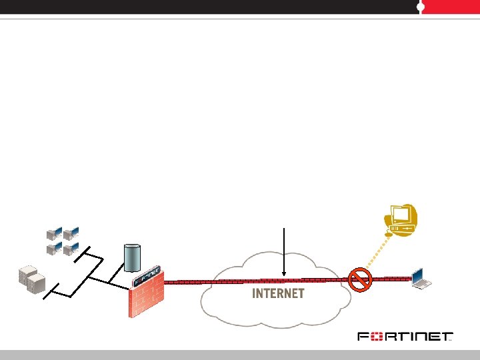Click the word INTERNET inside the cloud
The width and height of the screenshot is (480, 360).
(x=278, y=293)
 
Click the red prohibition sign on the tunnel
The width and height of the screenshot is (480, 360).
(x=360, y=280)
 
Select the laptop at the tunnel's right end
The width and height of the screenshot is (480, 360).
(x=422, y=279)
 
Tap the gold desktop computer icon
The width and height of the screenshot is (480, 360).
(x=402, y=219)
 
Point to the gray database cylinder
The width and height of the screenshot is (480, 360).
(x=133, y=257)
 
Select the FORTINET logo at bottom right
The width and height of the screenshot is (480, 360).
(x=405, y=337)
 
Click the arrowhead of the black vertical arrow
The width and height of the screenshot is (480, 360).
(x=285, y=273)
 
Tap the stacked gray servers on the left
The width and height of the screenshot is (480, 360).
(x=31, y=280)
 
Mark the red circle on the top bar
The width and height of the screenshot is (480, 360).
(x=420, y=7)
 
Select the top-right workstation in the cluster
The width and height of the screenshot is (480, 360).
(x=71, y=233)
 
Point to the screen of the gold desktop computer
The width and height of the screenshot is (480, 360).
(x=401, y=214)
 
